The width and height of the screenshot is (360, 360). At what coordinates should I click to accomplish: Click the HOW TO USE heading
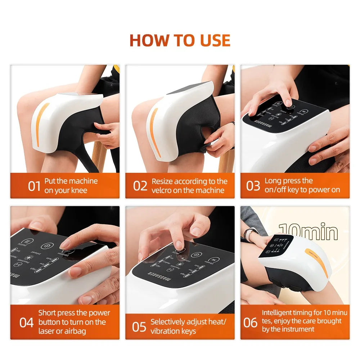click(180, 40)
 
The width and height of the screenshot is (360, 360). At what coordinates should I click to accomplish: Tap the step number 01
click(34, 186)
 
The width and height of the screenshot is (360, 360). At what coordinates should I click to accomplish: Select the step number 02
click(140, 186)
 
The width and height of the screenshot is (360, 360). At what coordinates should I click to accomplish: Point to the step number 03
click(253, 186)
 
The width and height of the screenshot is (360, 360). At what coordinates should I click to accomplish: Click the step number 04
click(26, 322)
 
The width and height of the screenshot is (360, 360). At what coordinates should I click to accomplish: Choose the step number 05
click(139, 327)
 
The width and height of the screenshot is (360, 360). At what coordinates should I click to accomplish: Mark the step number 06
click(250, 323)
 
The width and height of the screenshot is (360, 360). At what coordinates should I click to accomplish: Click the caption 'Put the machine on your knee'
click(71, 186)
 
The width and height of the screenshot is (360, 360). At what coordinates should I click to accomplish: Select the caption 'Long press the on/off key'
click(302, 185)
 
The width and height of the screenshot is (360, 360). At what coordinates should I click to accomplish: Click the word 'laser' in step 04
click(48, 331)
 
